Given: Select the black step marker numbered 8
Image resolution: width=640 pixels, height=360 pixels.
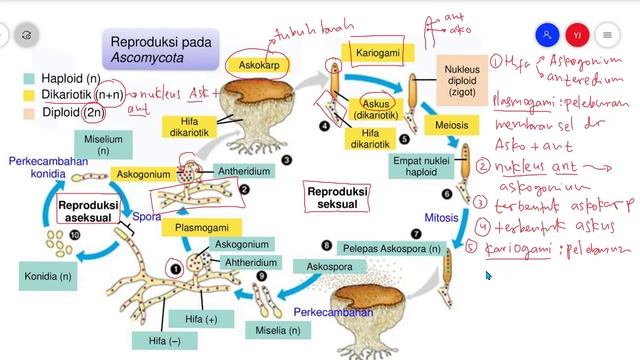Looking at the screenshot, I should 326,245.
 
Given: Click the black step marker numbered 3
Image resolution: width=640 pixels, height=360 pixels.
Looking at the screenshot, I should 286,159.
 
